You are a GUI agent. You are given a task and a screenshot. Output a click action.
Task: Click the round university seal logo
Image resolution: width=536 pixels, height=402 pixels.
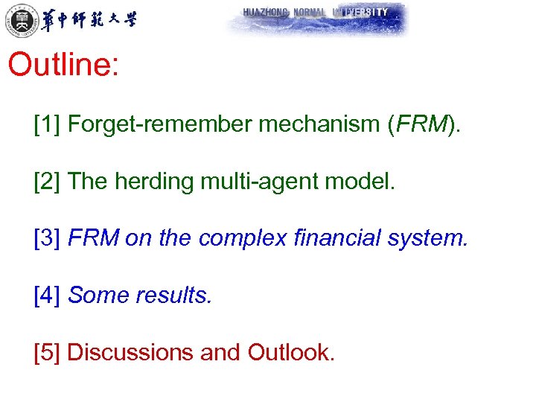tap(19, 19)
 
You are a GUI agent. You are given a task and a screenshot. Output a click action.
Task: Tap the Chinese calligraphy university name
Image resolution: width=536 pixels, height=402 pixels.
tap(89, 19)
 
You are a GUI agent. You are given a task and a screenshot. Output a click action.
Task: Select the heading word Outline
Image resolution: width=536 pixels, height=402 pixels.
tap(63, 65)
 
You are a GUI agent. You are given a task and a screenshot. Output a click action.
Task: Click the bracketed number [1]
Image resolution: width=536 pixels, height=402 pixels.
tap(47, 124)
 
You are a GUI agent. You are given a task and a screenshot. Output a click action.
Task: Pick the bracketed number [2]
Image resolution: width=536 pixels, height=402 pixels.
tap(47, 182)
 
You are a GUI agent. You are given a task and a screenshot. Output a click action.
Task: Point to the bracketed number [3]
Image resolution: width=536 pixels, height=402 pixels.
tap(47, 238)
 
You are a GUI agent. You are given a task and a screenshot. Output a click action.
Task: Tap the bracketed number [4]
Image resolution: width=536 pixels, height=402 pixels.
tap(47, 296)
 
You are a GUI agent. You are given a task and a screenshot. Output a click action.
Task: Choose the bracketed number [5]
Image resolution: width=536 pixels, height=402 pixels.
tap(47, 352)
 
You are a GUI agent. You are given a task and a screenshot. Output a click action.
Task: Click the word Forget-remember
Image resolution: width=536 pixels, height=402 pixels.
tap(159, 124)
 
